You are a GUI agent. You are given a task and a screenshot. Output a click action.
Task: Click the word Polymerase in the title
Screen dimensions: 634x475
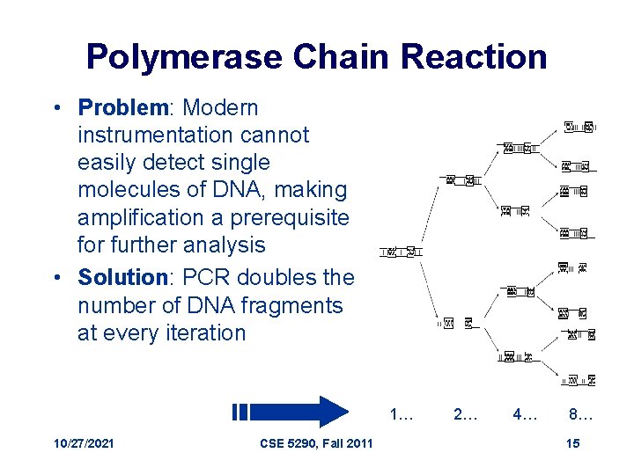tap(183, 57)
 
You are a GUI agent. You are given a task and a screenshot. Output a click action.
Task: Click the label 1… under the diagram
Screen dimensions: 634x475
tap(402, 413)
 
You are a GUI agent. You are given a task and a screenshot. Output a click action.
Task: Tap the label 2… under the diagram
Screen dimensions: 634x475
tap(466, 413)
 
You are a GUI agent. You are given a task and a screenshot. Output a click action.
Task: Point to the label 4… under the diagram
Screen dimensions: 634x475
tap(526, 413)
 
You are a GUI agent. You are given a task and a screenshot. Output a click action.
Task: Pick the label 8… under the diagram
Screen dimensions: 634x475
tap(581, 413)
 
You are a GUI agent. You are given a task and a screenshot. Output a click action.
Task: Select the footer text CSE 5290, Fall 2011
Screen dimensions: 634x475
tap(316, 444)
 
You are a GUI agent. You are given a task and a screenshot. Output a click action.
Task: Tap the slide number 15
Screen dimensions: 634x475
tap(572, 444)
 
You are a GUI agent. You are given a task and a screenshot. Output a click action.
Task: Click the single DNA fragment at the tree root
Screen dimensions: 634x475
tap(401, 252)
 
